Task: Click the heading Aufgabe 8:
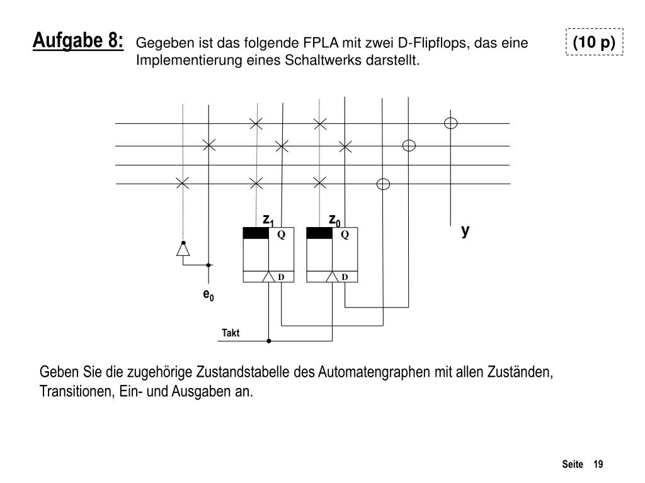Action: pos(79,42)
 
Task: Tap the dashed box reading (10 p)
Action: pos(594,42)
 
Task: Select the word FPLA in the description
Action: pos(319,43)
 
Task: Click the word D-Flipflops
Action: pos(434,43)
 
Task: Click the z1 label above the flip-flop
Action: pos(268,219)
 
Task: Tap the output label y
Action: pos(465,231)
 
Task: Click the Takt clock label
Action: pos(231,333)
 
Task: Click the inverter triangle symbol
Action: pos(183,250)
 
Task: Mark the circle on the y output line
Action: pos(451,123)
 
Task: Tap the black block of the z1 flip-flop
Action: pos(256,233)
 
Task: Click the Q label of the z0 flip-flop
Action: pos(345,234)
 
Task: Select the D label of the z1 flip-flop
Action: pos(282,277)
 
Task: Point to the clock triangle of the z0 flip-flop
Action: pos(333,277)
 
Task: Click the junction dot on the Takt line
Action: pos(269,341)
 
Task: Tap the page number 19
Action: pos(598,464)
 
